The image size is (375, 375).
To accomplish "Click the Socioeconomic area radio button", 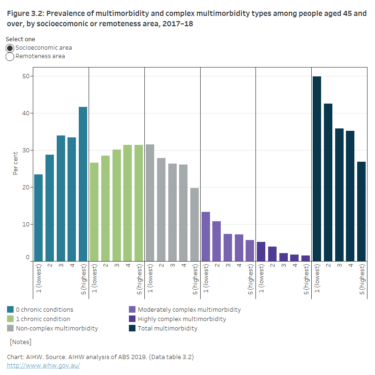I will pos(10,48).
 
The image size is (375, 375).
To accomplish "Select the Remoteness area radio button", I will pos(10,57).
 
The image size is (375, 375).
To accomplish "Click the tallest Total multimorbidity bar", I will pos(317,169).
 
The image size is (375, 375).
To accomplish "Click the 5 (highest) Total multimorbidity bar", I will pos(361,211).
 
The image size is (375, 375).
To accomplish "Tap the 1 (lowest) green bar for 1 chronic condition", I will pos(94,211).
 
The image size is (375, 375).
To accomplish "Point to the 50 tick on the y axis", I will pos(25,76).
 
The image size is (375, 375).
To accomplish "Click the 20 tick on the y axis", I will pos(25,187).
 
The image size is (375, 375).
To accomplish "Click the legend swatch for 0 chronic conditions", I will pos(10,310).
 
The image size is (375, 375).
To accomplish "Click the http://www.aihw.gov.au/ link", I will pos(44,366).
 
